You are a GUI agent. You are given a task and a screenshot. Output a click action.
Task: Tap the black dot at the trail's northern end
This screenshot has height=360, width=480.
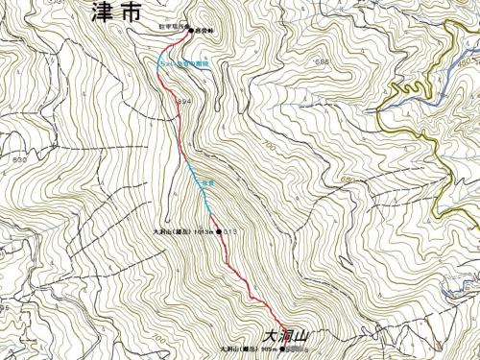tap(190, 30)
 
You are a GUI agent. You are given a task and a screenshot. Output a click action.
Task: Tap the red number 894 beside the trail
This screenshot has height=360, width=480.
tap(185, 100)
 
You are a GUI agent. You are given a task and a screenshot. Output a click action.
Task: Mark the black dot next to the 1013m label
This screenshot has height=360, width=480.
tap(220, 232)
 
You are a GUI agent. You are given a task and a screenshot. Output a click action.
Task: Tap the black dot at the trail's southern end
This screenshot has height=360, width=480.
tap(284, 348)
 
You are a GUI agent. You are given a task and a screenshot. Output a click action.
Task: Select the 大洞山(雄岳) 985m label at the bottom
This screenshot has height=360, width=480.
tap(249, 348)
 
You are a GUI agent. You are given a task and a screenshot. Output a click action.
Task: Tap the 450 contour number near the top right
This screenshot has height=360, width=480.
tap(468, 62)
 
